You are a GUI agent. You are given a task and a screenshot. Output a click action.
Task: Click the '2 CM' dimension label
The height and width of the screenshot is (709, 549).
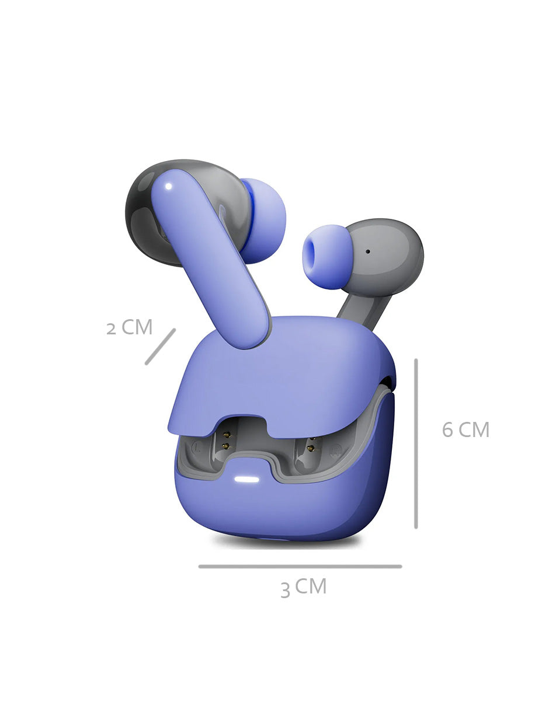pos(129,327)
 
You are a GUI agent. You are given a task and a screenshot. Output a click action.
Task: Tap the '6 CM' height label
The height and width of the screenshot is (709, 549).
pos(465,429)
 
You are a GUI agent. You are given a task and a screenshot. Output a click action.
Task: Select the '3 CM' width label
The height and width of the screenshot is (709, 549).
pos(303,588)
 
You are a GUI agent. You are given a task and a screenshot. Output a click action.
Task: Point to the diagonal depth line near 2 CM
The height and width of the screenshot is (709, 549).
pos(160,347)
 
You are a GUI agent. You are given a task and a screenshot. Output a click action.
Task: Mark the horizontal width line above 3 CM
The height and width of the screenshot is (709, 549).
pos(300,567)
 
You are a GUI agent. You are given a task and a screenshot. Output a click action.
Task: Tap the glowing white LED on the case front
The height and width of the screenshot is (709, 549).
pos(246,479)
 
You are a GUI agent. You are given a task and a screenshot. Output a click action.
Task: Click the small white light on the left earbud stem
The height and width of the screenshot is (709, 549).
pos(169,187)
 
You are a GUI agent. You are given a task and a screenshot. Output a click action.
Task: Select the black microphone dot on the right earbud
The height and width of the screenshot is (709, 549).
pos(368,252)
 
